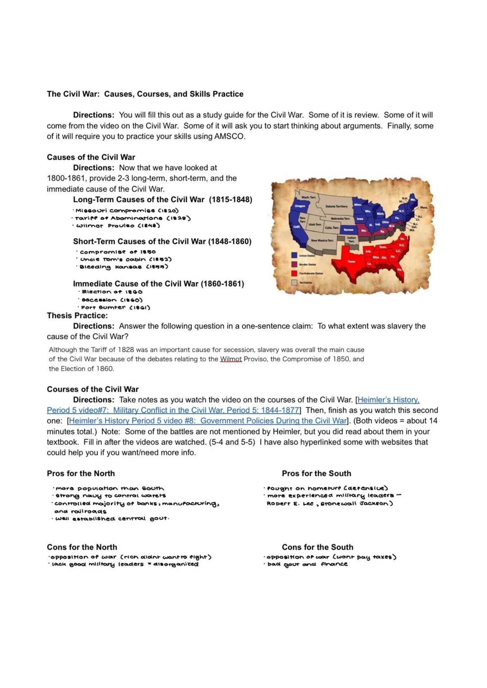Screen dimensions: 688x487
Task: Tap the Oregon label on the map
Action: [x=300, y=206]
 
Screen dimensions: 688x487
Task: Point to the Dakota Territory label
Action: [x=336, y=206]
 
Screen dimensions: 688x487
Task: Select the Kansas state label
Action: [x=349, y=230]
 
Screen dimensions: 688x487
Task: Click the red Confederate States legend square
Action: [x=294, y=273]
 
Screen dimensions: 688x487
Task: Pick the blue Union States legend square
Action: [x=294, y=255]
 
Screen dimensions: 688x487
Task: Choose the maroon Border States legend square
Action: [x=294, y=264]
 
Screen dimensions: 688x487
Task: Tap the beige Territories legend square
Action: [x=294, y=282]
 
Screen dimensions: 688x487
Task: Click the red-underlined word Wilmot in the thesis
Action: [x=231, y=359]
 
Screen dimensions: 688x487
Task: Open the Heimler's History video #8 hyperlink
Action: [x=208, y=420]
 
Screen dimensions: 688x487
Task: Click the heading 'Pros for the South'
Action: [x=316, y=473]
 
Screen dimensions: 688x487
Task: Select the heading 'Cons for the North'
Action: [x=82, y=547]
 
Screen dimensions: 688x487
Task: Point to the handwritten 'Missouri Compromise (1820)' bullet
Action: [x=127, y=211]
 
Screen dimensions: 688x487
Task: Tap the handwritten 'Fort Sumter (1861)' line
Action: [x=115, y=308]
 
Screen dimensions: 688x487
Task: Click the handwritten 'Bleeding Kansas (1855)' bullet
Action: [x=124, y=267]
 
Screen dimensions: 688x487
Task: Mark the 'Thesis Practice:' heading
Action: [x=77, y=315]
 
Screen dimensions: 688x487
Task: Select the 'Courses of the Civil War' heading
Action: [x=92, y=389]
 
